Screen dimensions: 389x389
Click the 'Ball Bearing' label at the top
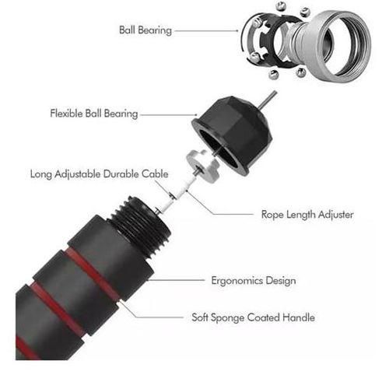coord(145,30)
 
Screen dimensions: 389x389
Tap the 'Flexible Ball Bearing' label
coord(94,114)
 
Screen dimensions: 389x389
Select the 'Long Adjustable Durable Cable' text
coord(100,174)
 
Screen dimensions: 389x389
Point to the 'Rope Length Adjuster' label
coord(307,215)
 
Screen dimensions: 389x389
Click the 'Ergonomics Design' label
coord(254,281)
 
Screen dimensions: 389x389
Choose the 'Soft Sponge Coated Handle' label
coord(253,317)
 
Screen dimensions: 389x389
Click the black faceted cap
coord(233,135)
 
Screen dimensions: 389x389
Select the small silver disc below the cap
coord(203,166)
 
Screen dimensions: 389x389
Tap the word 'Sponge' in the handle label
coord(227,318)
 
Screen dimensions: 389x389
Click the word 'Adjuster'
coord(336,215)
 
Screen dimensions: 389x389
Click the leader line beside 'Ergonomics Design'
coord(177,280)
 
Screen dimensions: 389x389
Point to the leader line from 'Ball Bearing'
coord(206,30)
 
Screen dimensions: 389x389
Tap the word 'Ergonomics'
coord(237,281)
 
